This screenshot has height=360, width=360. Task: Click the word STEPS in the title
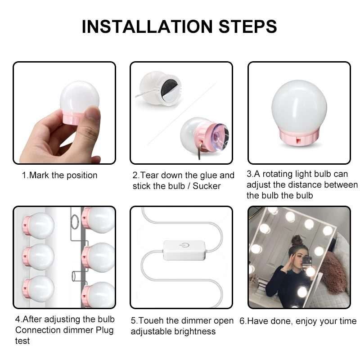(248, 27)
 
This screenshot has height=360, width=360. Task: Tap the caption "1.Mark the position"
(60, 175)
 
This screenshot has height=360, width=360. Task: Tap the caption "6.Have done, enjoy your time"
(297, 321)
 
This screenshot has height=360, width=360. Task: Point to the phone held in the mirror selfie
(307, 261)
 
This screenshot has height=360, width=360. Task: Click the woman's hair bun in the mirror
(297, 239)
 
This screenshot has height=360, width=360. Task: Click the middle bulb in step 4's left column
(39, 255)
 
